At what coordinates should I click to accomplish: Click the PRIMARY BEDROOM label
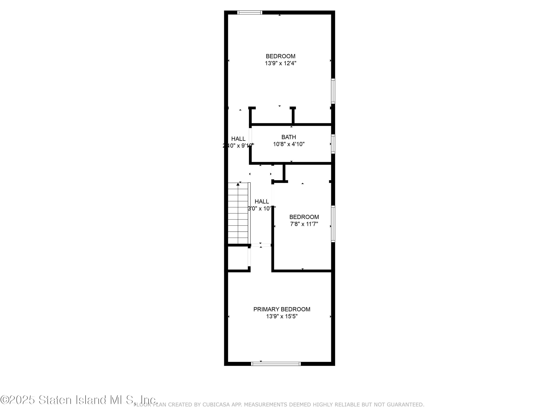[x=282, y=309]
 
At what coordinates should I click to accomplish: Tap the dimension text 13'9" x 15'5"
[x=282, y=316]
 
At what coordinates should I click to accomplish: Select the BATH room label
[x=289, y=137]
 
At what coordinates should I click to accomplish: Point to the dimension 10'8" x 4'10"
[x=289, y=144]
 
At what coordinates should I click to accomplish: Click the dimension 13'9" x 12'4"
[x=280, y=63]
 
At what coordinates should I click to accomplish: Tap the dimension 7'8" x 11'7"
[x=304, y=224]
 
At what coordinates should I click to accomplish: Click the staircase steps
[x=238, y=215]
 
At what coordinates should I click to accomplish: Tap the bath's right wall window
[x=333, y=144]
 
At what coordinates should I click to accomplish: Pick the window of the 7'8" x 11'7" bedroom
[x=333, y=224]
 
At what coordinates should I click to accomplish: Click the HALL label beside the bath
[x=238, y=139]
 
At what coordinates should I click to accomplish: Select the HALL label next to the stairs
[x=262, y=201]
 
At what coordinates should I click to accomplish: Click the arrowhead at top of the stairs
[x=238, y=184]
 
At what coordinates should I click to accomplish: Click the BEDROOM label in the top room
[x=280, y=56]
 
